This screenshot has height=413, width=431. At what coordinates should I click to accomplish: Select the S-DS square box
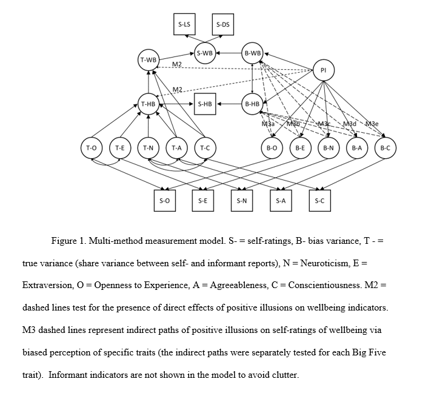pos(222,24)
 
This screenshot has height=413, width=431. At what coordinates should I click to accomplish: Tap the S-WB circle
pos(205,53)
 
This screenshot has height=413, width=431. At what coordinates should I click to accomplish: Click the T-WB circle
pos(148,59)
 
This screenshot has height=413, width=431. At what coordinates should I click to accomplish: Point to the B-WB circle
pos(252,53)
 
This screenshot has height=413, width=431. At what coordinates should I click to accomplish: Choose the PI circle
pos(323,70)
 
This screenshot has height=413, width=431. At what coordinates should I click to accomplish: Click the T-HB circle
pos(148,104)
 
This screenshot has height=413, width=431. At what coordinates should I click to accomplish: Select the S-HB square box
pos(205,104)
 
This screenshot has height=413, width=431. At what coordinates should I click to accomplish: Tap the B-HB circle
pos(252,104)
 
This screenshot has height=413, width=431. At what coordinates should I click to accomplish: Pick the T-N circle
pos(148,147)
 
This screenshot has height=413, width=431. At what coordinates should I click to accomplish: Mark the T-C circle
pos(205,147)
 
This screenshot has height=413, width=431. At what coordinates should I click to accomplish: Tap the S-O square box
pos(164,200)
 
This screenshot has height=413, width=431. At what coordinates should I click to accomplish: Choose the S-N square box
pos(241,200)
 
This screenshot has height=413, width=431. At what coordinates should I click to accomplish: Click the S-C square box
pos(319,200)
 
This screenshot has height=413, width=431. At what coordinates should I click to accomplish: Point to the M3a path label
pos(269,124)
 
